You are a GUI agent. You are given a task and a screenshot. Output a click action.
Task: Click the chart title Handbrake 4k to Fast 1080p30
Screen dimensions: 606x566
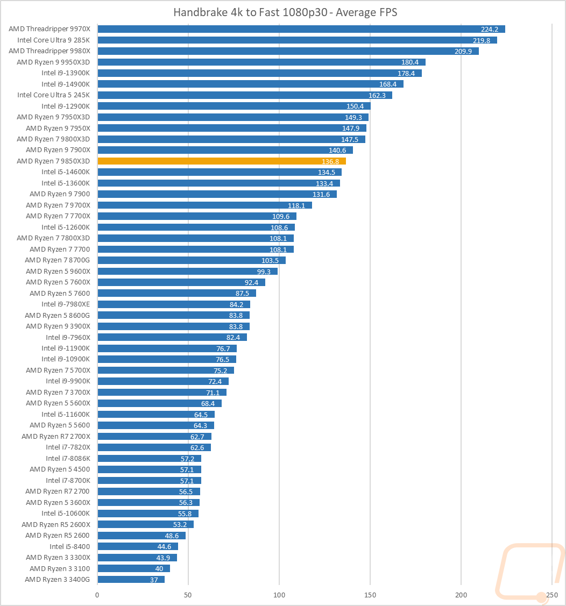click(x=285, y=12)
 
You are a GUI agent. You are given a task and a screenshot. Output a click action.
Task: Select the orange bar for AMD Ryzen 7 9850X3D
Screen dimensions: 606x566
click(x=221, y=161)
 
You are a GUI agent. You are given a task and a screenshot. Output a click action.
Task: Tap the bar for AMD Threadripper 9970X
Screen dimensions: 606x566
click(x=301, y=29)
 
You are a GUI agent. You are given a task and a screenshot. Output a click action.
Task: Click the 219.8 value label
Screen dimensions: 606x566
click(x=482, y=40)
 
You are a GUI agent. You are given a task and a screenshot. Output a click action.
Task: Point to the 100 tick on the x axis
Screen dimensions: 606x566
click(x=279, y=595)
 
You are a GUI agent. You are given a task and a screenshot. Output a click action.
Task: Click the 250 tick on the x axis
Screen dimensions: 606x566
click(x=552, y=595)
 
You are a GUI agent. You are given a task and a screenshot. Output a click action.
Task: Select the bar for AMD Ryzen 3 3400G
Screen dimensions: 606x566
click(x=131, y=579)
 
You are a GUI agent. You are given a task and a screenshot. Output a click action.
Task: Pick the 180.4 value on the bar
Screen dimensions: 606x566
click(x=411, y=62)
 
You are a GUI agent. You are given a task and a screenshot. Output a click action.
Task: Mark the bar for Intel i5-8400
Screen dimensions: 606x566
click(x=137, y=546)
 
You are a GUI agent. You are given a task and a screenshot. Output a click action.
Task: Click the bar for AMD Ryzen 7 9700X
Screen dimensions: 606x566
click(x=204, y=205)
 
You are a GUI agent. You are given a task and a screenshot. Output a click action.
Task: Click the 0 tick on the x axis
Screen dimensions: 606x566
click(x=97, y=595)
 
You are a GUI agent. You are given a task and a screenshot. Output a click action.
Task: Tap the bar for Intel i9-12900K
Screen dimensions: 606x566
click(x=234, y=106)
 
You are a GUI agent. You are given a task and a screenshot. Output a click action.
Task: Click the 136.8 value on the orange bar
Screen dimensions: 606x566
click(x=331, y=161)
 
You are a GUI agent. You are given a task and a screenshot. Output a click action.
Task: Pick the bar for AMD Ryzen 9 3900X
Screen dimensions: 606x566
click(x=173, y=326)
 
